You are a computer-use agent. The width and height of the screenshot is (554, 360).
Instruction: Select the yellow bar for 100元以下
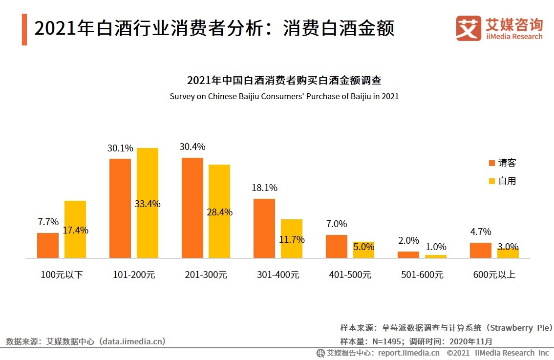pyautogui.click(x=75, y=229)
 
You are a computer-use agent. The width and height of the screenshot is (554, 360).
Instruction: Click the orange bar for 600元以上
pyautogui.click(x=481, y=250)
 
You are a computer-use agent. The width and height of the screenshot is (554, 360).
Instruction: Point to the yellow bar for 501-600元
pyautogui.click(x=436, y=256)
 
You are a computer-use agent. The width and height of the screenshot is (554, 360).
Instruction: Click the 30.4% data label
pyautogui.click(x=192, y=147)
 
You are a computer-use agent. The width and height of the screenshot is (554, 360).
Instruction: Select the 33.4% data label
pyautogui.click(x=148, y=204)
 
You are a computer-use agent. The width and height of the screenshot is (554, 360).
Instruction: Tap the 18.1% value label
pyautogui.click(x=264, y=188)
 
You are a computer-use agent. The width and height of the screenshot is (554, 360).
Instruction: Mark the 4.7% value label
pyautogui.click(x=481, y=232)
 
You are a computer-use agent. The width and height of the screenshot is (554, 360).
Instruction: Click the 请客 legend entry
pyautogui.click(x=502, y=163)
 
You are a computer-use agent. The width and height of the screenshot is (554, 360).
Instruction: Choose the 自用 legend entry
pyautogui.click(x=502, y=181)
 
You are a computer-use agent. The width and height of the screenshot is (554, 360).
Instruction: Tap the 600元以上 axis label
pyautogui.click(x=494, y=275)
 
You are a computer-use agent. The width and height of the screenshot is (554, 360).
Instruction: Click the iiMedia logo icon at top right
pyautogui.click(x=469, y=28)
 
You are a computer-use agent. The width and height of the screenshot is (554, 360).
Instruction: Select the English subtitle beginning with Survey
pyautogui.click(x=284, y=96)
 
